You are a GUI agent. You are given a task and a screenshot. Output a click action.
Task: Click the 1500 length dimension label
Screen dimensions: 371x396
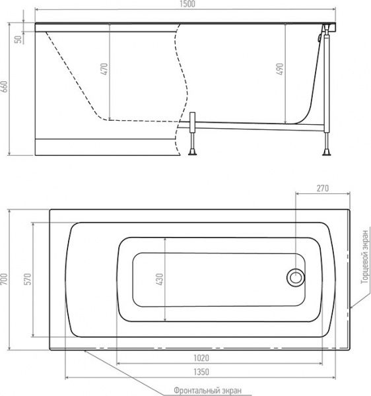pos(188,4)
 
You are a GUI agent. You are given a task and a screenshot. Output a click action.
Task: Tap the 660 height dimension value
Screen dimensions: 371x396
pos(5,86)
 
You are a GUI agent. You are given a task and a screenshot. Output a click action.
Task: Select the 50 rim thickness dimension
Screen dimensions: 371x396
pos(18,39)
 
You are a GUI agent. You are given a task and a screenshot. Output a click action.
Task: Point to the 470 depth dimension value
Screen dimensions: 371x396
pos(104,69)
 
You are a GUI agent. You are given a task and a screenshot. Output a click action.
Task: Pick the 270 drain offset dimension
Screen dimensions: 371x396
pos(323,188)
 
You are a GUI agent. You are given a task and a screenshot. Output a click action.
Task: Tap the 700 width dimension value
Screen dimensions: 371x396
pos(5,279)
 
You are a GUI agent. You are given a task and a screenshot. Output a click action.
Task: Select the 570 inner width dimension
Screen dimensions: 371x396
pos(28,279)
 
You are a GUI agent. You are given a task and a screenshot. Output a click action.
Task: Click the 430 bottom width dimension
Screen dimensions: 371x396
pos(160,279)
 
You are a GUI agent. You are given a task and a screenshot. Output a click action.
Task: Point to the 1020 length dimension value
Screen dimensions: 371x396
pos(201,358)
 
